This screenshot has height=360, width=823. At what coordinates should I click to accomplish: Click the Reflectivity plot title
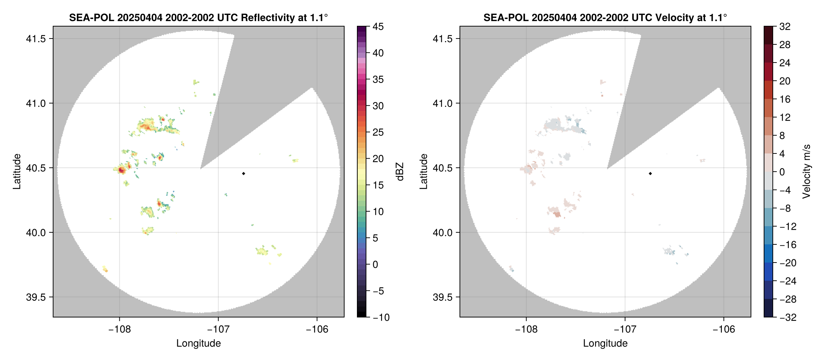click(x=198, y=17)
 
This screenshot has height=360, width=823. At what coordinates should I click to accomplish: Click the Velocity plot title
click(x=605, y=17)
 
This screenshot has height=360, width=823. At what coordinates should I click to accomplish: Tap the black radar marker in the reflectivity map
click(x=243, y=173)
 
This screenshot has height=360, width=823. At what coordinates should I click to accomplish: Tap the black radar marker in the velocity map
click(x=650, y=173)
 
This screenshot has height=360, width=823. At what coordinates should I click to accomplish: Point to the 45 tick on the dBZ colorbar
click(x=378, y=27)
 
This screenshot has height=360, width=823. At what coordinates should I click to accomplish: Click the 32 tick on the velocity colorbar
click(x=785, y=27)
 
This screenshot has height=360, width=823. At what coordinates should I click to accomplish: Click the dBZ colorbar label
click(x=400, y=172)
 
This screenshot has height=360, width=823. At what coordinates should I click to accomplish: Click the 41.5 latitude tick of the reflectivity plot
click(x=36, y=39)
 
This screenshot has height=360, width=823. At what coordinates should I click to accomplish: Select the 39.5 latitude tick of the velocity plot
click(x=443, y=297)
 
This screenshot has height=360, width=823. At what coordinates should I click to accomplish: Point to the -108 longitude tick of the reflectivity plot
click(x=120, y=329)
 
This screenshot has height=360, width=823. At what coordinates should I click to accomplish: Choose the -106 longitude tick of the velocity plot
click(x=724, y=329)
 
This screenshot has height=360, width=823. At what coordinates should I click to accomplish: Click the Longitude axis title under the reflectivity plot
click(x=199, y=343)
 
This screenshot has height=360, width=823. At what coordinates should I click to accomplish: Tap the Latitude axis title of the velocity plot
click(x=423, y=171)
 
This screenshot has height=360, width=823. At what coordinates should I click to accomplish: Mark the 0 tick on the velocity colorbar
click(x=782, y=172)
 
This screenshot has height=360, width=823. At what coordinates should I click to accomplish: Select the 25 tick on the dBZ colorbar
click(x=378, y=132)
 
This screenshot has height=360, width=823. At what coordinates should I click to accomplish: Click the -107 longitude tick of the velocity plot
click(x=625, y=329)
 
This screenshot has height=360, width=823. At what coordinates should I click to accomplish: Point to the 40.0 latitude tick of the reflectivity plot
click(x=36, y=232)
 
